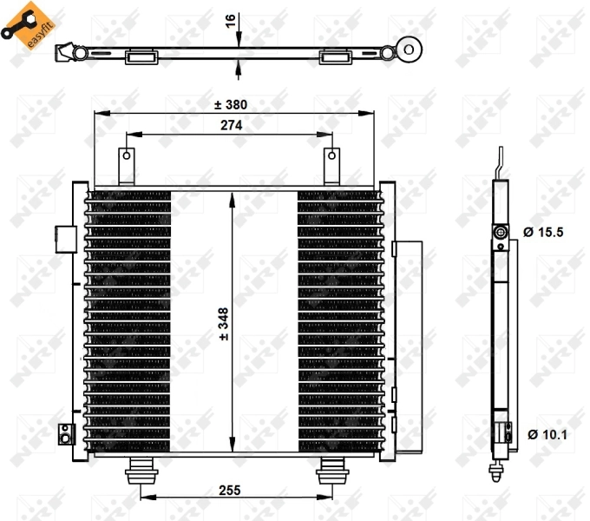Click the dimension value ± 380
(231, 104)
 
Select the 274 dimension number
(231, 125)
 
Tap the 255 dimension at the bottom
(230, 491)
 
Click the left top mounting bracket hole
(127, 157)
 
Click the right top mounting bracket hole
(331, 157)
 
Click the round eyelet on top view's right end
(411, 49)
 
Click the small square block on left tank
(64, 234)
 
